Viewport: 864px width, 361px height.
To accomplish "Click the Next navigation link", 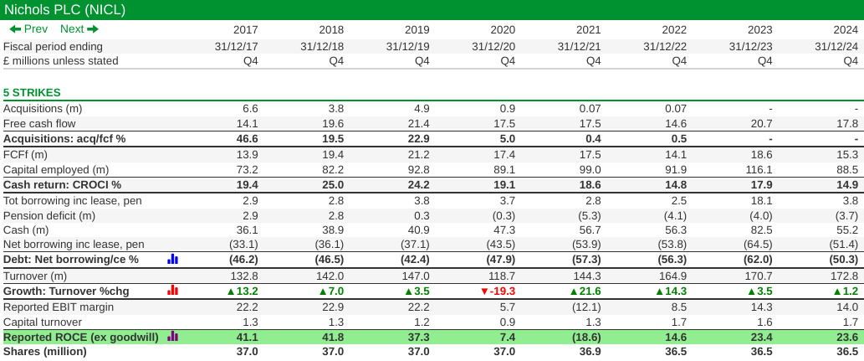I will (x=79, y=29).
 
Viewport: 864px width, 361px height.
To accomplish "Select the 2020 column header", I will (x=503, y=29).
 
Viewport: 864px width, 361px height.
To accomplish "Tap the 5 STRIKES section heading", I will (x=32, y=92).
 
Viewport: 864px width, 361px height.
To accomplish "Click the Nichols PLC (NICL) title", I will (x=64, y=9).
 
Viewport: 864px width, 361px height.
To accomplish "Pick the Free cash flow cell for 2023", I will (x=761, y=123).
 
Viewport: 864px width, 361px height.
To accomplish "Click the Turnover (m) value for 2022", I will (x=673, y=276).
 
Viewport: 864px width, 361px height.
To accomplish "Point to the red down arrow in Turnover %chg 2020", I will (x=483, y=291).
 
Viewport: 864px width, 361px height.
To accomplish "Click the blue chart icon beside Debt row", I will (x=172, y=260).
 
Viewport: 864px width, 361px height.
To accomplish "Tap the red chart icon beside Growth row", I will (x=172, y=290).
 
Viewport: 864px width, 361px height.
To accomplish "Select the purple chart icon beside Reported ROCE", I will (x=172, y=336).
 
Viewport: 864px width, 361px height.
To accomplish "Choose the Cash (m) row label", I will (x=27, y=229).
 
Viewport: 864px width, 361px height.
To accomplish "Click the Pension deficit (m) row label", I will (x=49, y=215).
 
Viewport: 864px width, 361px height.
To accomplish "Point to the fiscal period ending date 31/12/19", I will (x=407, y=46).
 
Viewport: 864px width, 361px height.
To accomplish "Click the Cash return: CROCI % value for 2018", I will (x=331, y=184).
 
